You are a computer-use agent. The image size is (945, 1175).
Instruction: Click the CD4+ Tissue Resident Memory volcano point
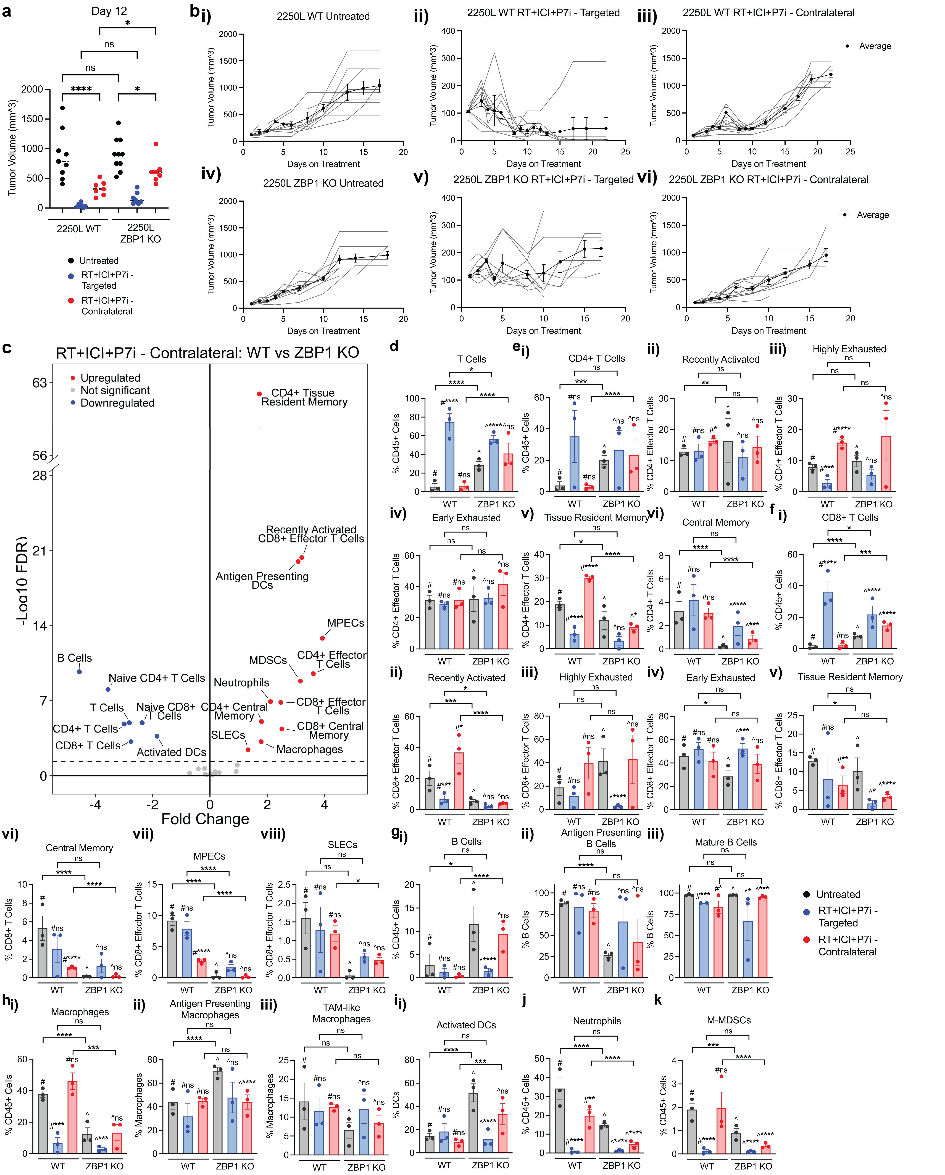259,394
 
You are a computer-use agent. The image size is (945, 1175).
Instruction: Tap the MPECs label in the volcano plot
346,623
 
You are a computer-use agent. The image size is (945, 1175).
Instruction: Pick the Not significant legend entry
114,390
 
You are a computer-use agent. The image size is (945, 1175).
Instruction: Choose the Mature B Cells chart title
725,842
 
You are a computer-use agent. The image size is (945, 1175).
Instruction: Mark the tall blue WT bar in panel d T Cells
450,457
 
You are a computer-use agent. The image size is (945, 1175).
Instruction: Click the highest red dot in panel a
156,144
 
